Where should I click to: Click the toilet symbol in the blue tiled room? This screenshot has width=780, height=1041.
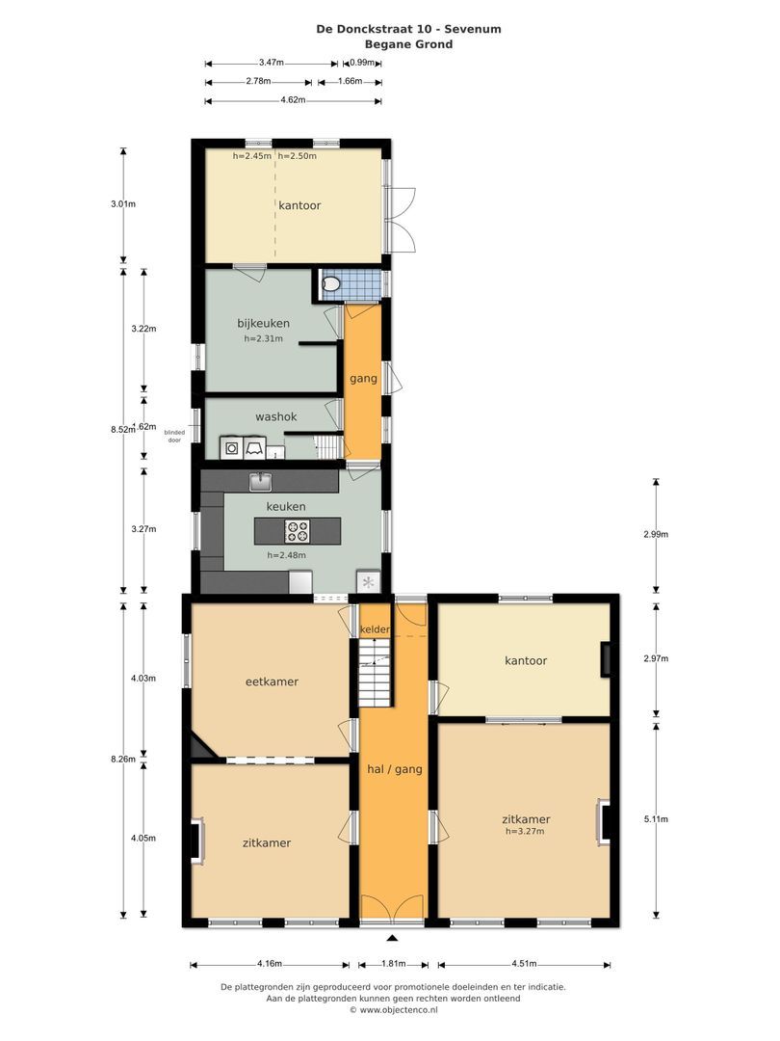pos(331,283)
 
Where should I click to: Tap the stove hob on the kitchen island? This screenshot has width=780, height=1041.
pos(297,530)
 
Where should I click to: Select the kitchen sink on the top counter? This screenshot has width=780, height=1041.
pos(260,480)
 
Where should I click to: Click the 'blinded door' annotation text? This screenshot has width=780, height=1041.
pos(174,436)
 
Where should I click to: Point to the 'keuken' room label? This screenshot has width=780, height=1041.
pos(286,506)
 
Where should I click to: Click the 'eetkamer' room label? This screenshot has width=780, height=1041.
pos(272,681)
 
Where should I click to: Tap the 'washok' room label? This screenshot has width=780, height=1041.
pos(275,417)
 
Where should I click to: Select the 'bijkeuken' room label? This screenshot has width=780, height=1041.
pos(263,323)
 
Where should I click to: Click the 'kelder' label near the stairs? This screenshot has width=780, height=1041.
pos(375,629)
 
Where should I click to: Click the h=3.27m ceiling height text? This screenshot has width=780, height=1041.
pos(525,831)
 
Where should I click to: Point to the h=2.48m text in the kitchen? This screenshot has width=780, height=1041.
pos(286,555)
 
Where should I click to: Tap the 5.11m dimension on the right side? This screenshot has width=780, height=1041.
pos(656,819)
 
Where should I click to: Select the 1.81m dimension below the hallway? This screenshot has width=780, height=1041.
pos(393,963)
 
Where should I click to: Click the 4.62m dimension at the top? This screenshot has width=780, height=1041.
pos(293,100)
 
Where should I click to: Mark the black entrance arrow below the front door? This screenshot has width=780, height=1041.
pos(392,937)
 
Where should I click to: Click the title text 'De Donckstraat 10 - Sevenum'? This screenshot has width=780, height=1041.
pos(408,29)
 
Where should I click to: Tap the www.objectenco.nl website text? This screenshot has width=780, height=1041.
pos(393,1010)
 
